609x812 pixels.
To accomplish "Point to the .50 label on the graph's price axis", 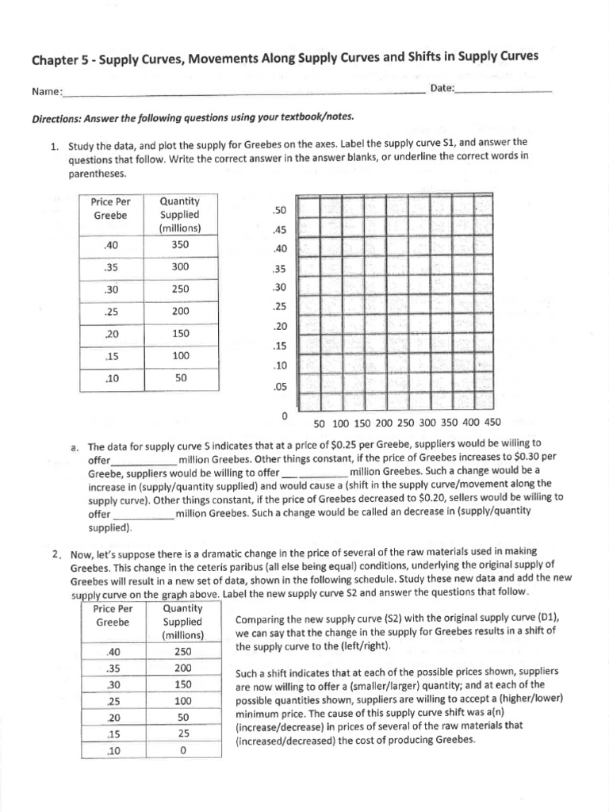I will tap(277, 211).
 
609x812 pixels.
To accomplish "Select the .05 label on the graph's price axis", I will tap(277, 388).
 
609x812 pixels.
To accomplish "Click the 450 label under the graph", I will tap(492, 423).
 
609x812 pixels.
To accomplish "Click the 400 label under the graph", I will tap(471, 423).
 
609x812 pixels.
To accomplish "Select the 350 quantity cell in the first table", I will tap(180, 245).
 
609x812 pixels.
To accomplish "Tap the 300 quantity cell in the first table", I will tap(180, 267).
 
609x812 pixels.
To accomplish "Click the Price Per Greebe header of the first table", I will tap(110, 209).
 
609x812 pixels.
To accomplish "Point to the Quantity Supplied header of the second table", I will tap(183, 622).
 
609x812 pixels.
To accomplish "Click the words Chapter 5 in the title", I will tap(60, 59).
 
